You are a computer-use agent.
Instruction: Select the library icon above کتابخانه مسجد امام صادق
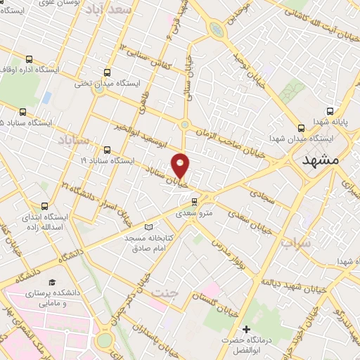[x=148, y=226]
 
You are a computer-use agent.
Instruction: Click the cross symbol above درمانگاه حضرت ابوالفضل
[x=245, y=330]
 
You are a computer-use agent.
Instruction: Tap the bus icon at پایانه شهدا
[x=330, y=110]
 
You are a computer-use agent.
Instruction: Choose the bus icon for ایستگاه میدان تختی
[x=107, y=71]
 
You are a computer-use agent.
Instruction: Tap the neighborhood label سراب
[x=296, y=243]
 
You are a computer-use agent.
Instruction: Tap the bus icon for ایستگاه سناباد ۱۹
[x=107, y=149]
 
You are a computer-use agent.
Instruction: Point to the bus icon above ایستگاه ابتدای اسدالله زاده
[x=45, y=206]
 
